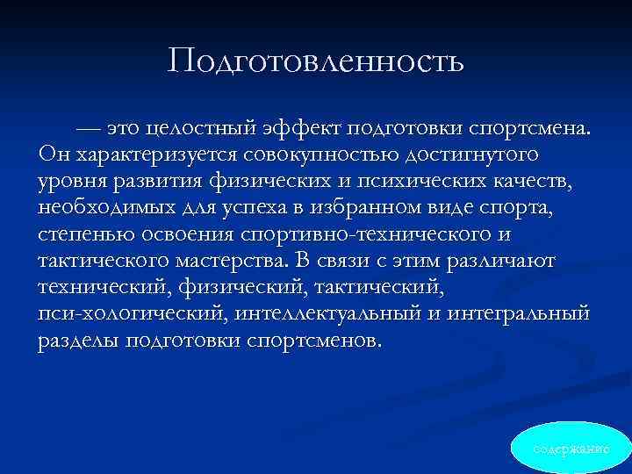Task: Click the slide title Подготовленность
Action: [316, 61]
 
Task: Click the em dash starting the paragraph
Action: [90, 131]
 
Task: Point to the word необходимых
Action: [105, 210]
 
